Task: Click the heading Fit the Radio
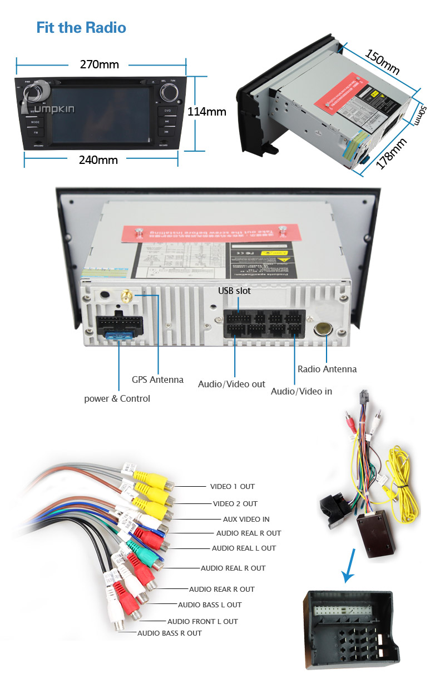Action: tap(81, 28)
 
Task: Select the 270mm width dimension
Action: tap(99, 64)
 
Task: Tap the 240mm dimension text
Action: tap(98, 161)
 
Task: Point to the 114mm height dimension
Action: tap(206, 112)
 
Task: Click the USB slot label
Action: tap(234, 291)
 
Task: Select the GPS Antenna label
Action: tap(157, 380)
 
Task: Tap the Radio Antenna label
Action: tap(327, 369)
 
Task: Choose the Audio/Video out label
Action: tap(231, 384)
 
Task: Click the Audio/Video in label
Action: tap(301, 392)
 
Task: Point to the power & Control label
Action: tap(117, 398)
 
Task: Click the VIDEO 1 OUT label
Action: tap(232, 486)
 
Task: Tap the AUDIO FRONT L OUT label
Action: tap(202, 621)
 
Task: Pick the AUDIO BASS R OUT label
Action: tap(170, 633)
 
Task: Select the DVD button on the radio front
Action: tap(167, 111)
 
